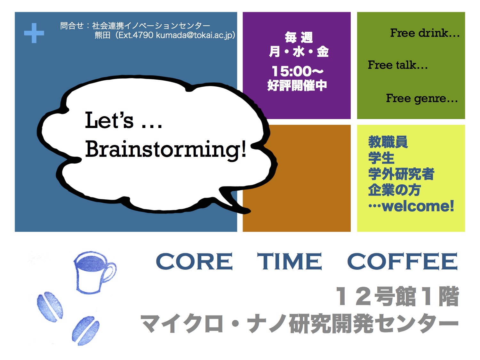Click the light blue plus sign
pos(34,33)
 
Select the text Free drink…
pos(425,33)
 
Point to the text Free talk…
pos(397,65)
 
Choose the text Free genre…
pos(422,98)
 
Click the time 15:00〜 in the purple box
pos(297,71)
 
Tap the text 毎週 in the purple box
pos(299,37)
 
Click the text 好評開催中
pos(297,85)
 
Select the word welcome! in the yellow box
pos(418,206)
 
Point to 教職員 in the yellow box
pos(388,142)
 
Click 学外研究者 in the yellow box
pos(401,174)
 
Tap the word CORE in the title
pos(194,261)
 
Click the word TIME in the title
pos(290,261)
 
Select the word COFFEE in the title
pos(402,261)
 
